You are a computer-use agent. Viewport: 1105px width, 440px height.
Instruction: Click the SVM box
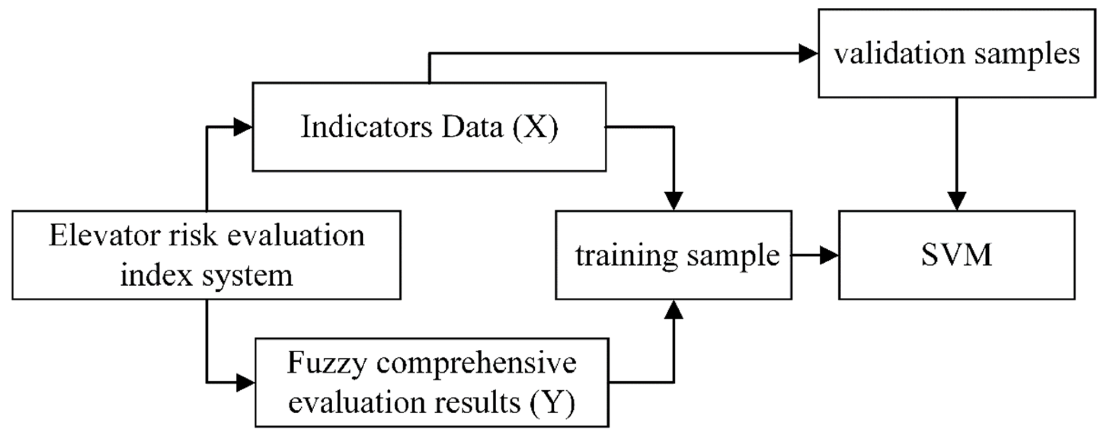[956, 255]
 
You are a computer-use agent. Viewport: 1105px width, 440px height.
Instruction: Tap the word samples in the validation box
[1027, 55]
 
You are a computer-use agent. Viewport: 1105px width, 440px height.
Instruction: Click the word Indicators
[366, 127]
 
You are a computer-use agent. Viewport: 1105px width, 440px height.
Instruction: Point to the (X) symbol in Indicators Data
[536, 128]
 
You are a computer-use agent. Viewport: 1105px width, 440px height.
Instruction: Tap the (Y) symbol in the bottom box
[552, 403]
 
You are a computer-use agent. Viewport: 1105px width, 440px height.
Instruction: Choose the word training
[627, 255]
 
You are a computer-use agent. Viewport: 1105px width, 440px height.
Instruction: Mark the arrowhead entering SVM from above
[957, 201]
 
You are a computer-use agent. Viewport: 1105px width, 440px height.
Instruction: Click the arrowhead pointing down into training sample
[674, 201]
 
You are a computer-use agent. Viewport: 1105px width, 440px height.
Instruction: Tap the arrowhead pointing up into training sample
[674, 310]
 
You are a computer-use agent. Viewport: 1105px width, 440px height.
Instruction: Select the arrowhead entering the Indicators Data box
[242, 127]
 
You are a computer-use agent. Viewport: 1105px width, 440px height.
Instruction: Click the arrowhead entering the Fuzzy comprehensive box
[245, 382]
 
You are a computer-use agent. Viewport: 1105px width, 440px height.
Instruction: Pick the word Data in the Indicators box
[472, 128]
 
